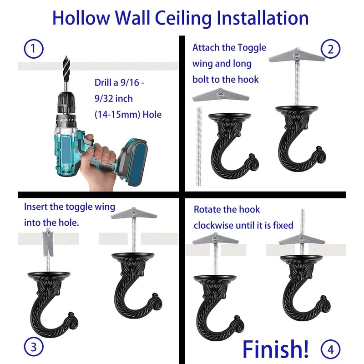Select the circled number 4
[331, 349]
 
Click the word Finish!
[276, 348]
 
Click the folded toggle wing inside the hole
[48, 243]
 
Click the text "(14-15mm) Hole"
[128, 115]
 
